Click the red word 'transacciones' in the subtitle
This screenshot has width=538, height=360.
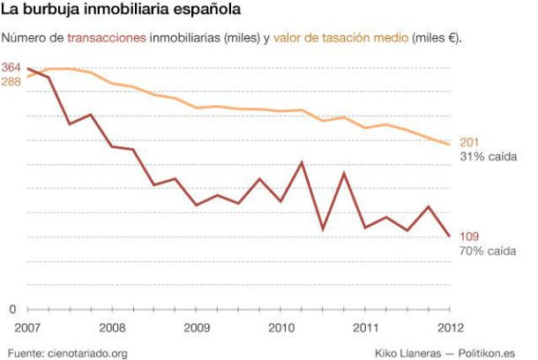coord(107,38)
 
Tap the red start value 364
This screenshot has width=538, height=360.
coord(11,68)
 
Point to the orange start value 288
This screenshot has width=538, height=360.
coord(11,82)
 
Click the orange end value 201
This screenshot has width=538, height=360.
coord(469,143)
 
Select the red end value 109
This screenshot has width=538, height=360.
coord(469,236)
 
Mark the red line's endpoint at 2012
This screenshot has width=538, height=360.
coord(450,236)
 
